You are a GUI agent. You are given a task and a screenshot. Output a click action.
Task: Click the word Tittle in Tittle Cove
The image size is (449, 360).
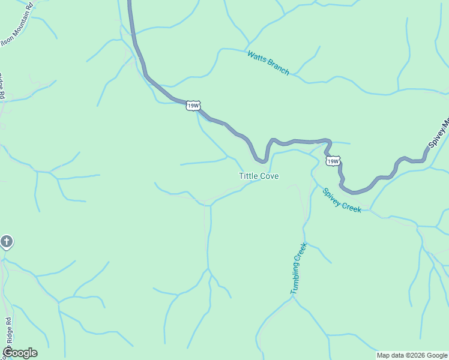tap(249, 176)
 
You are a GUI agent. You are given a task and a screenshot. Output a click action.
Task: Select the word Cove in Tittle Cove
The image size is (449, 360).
tap(269, 176)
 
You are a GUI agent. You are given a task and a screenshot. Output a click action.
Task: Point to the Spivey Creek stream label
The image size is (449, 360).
tap(342, 200)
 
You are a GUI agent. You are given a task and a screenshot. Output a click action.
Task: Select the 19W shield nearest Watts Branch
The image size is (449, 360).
tap(193, 106)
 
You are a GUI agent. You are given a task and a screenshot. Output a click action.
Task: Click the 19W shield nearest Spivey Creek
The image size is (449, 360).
tap(333, 161)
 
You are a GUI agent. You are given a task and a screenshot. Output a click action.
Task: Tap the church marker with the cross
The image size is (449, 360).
tap(6, 242)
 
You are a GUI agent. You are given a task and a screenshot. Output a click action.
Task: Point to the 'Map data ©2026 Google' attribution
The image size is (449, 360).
tap(412, 355)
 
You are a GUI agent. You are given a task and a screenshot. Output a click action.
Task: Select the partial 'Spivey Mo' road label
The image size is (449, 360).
tap(439, 133)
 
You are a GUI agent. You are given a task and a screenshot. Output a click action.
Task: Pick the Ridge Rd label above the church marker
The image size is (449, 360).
tap(2, 85)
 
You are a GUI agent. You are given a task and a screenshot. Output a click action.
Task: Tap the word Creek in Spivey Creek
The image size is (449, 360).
tap(351, 206)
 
